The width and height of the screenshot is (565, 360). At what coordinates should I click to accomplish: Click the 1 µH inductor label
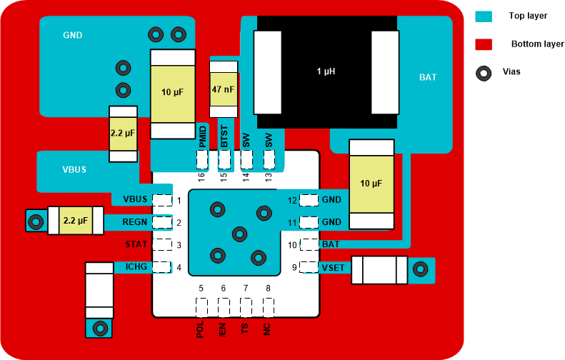[326, 71]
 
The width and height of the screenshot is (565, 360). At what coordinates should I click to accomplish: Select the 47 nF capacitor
[222, 89]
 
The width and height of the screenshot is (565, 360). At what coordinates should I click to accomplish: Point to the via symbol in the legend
[485, 72]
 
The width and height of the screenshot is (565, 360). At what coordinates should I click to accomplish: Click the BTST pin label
[224, 136]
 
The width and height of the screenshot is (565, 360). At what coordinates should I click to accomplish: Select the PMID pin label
[203, 136]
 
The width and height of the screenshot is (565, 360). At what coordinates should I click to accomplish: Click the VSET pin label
[334, 267]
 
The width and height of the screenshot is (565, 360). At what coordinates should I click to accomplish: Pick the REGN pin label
[135, 222]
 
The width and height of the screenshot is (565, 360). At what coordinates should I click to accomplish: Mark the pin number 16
[201, 176]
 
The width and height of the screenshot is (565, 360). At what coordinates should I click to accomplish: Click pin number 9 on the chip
[294, 267]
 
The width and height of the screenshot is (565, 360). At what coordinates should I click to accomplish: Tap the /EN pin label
[224, 329]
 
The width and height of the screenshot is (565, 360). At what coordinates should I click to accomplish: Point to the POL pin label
[201, 329]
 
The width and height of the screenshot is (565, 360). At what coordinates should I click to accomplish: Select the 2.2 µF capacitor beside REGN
[74, 221]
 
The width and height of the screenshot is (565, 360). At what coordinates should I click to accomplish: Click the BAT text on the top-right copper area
[428, 77]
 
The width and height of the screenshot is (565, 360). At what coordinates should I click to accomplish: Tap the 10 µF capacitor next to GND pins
[371, 184]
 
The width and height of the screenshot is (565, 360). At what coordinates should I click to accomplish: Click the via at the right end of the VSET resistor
[421, 270]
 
